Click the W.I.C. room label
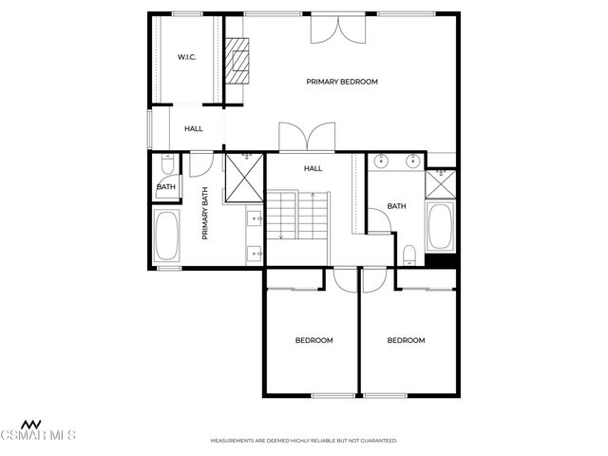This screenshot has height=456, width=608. [186, 57]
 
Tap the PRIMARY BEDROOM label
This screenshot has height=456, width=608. [342, 82]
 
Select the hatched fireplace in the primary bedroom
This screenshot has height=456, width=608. [237, 61]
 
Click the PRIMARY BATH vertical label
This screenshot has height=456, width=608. [205, 213]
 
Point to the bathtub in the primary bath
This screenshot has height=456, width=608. [167, 236]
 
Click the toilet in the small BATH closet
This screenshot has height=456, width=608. [167, 164]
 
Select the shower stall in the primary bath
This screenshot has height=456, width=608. [244, 178]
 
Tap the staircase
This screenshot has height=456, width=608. [297, 216]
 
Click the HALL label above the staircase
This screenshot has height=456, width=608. [313, 168]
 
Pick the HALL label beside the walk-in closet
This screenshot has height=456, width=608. [194, 129]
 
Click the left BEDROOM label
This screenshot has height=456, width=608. [314, 340]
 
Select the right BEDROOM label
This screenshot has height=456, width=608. [406, 340]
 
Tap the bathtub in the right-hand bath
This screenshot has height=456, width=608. [441, 226]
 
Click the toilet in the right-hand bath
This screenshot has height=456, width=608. [409, 256]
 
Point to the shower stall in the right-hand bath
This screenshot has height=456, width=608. [441, 184]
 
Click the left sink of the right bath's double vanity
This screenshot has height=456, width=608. [382, 161]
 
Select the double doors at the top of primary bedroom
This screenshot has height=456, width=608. [338, 29]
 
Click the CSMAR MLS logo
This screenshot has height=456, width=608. [37, 430]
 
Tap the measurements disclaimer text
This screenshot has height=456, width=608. [304, 441]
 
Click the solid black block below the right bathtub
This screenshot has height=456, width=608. [441, 260]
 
